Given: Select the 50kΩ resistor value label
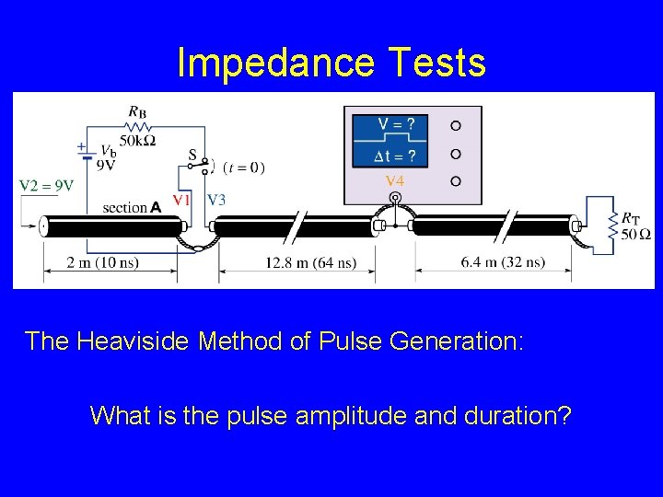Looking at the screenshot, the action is [x=138, y=140].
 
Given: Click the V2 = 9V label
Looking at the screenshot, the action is [x=47, y=185].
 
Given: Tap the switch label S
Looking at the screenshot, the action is [x=192, y=156].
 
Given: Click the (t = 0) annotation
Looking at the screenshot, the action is [x=245, y=168].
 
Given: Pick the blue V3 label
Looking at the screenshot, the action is [x=216, y=199].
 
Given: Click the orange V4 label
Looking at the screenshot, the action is [x=395, y=180].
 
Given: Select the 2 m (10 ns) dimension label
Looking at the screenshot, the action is [x=104, y=262].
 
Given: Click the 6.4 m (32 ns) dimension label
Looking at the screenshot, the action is [x=504, y=262].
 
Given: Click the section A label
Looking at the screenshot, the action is [x=133, y=207].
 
